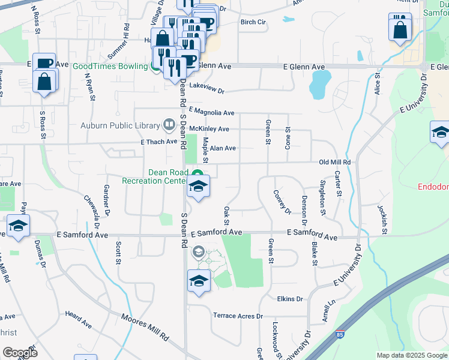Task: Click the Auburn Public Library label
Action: [120, 125]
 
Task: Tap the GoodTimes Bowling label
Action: [110, 66]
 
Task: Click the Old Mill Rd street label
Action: [334, 162]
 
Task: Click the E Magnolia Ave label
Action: [211, 112]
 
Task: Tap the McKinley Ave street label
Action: [209, 129]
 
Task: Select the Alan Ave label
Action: [223, 148]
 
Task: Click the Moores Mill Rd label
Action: [145, 328]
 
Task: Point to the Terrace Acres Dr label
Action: [239, 316]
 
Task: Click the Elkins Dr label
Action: [290, 299]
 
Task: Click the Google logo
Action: [20, 353]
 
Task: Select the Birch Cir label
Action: [253, 22]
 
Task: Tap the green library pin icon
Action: [169, 125]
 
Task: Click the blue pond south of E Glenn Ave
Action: [320, 84]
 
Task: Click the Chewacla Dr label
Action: [91, 208]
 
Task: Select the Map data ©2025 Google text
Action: [412, 355]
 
